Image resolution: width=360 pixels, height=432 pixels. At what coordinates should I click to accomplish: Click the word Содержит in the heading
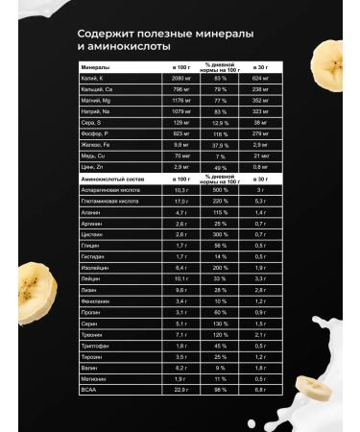coord(107,33)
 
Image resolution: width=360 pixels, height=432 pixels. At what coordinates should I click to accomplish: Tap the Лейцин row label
coord(91,277)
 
